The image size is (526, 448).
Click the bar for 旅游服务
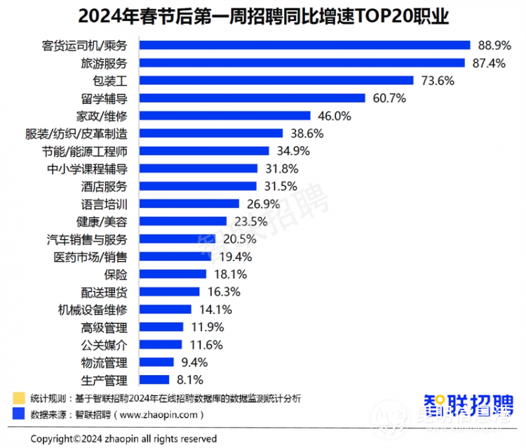click(302, 62)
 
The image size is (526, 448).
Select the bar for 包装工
click(276, 80)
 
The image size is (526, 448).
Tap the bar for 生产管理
click(154, 379)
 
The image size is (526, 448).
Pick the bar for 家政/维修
click(224, 115)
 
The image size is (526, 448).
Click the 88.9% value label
click(494, 45)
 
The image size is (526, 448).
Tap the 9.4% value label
click(193, 362)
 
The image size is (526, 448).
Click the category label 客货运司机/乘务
click(83, 45)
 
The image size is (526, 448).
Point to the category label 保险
click(115, 274)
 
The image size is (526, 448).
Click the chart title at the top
click(263, 15)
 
